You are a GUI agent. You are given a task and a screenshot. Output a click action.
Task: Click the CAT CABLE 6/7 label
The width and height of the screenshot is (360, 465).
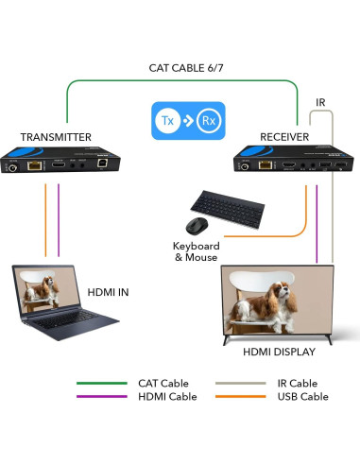[x=186, y=68]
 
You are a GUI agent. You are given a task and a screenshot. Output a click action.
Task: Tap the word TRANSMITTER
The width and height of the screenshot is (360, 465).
[x=56, y=137]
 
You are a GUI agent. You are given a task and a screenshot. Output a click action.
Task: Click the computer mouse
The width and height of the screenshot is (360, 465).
[x=196, y=226]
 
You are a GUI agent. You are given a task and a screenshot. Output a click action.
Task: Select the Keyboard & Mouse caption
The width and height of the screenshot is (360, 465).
[x=196, y=250]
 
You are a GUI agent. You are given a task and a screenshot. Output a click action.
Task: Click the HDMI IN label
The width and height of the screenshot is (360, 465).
[x=108, y=292]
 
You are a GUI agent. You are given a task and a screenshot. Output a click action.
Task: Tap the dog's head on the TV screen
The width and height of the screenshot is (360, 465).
[x=283, y=288]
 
